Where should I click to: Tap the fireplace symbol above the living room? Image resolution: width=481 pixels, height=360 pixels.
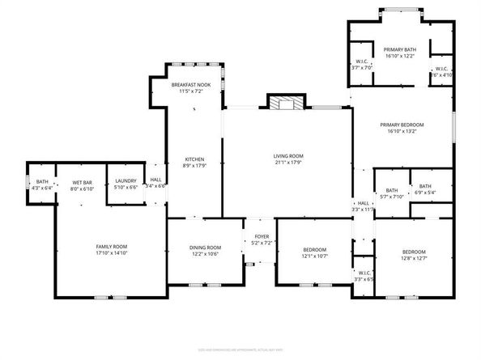[x=286, y=103]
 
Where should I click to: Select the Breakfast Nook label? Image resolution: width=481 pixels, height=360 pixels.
[x=191, y=85]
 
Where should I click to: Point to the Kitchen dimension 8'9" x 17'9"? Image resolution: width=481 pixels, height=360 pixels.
[x=194, y=167]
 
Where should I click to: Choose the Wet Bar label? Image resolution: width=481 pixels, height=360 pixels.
[x=82, y=183]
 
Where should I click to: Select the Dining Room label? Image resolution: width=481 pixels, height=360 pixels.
[x=205, y=248]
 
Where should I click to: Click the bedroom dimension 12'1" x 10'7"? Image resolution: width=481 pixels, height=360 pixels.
[x=315, y=256]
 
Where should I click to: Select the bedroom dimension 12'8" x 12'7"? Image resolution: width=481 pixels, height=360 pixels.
[x=413, y=259]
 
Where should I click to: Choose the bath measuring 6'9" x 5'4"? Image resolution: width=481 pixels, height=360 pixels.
[x=424, y=193]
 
